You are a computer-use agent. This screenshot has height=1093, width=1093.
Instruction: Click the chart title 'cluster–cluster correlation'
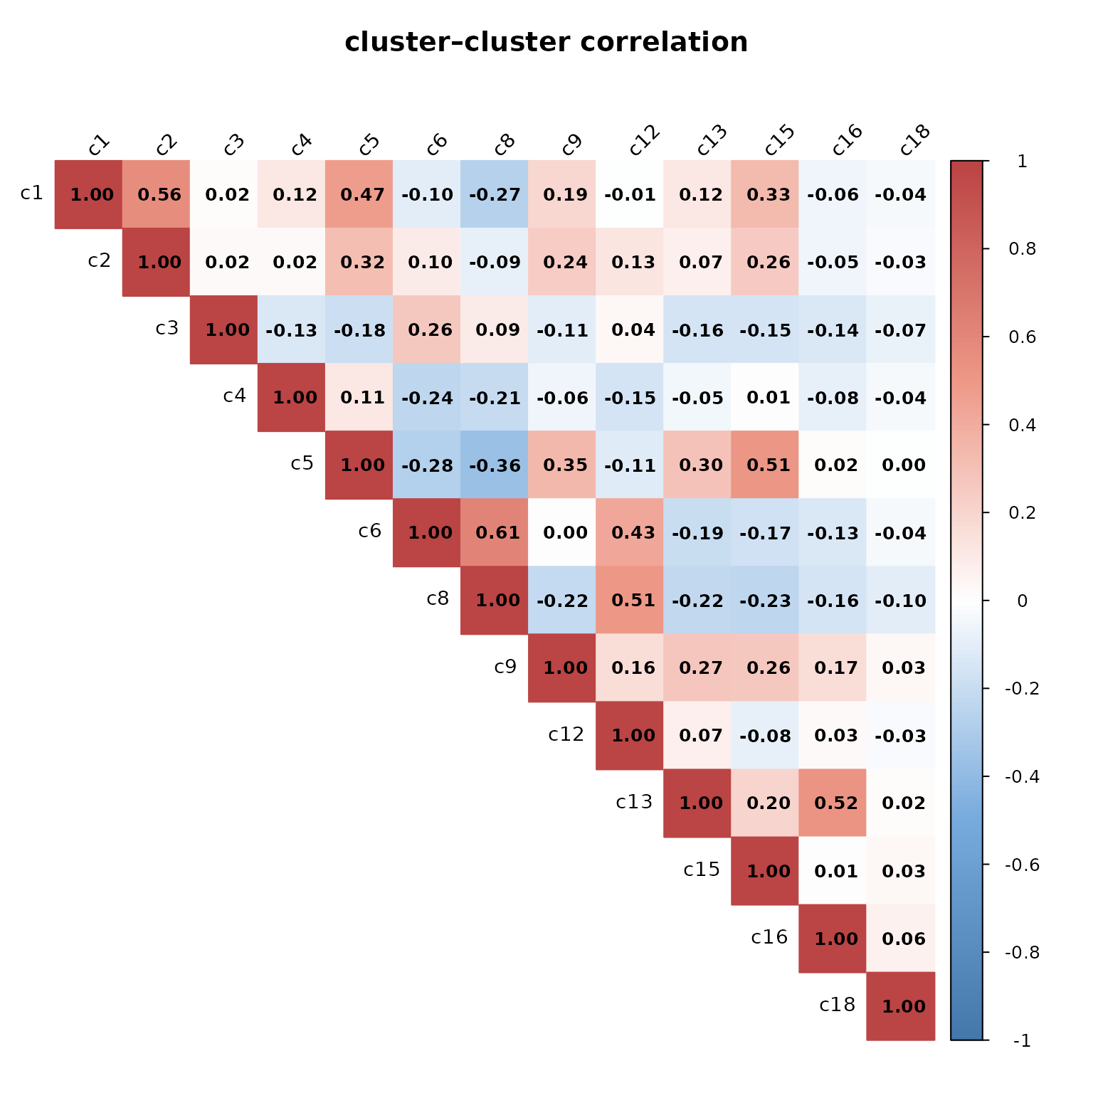coord(546,42)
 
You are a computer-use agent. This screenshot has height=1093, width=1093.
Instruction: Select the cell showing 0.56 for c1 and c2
coord(159,194)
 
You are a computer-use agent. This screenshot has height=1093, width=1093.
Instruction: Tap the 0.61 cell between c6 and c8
coord(497,533)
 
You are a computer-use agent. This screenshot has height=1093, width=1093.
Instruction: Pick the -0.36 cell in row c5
coord(497,465)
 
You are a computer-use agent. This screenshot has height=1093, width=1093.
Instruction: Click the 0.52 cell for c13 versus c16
coord(836,803)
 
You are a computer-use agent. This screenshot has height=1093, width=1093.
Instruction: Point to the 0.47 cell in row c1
coord(362,194)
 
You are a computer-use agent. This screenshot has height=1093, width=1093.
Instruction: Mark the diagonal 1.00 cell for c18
coord(904,1006)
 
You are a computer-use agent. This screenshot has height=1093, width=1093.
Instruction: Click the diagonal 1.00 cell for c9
coord(565,668)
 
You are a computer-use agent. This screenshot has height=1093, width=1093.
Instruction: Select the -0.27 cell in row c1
coord(497,194)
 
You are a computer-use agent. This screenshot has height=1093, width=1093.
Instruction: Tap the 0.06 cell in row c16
coord(904,939)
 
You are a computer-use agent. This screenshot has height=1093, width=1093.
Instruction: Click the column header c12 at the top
coord(645,140)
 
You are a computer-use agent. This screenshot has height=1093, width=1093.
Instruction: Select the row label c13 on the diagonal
coord(634,803)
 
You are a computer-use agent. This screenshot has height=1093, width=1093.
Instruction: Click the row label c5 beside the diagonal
coord(302,464)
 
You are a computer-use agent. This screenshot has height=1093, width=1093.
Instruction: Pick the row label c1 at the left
coord(32,193)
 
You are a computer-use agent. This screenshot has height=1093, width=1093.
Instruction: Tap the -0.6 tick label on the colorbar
coord(1022,865)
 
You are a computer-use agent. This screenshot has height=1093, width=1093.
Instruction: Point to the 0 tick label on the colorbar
coord(1023,601)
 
